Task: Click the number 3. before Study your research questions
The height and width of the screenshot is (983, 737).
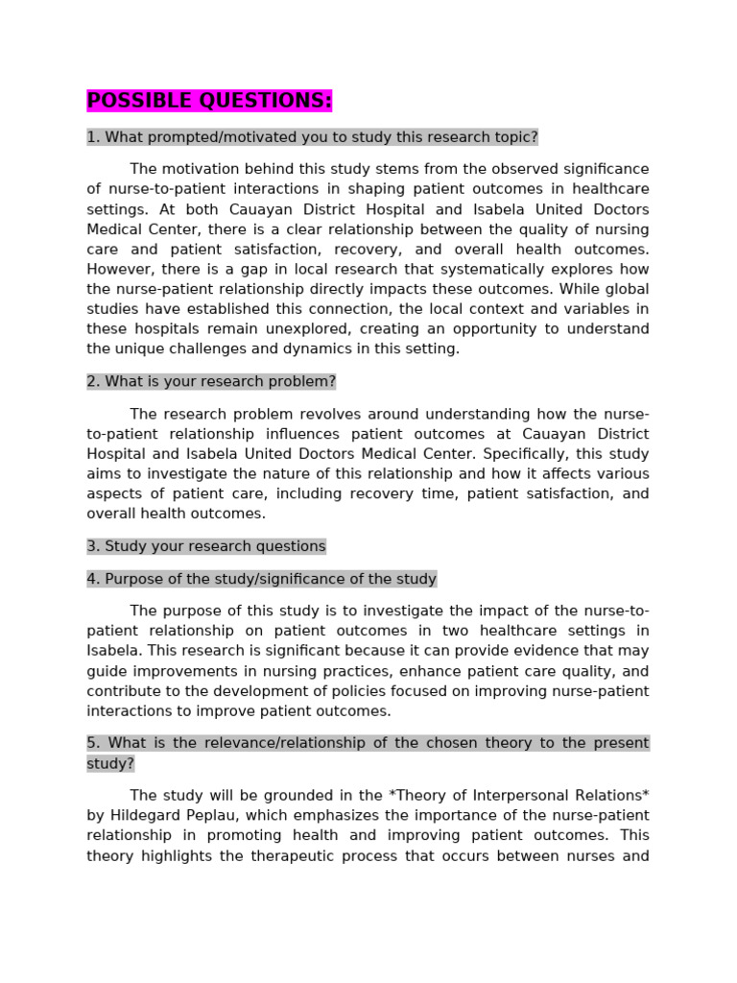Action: pos(93,546)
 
